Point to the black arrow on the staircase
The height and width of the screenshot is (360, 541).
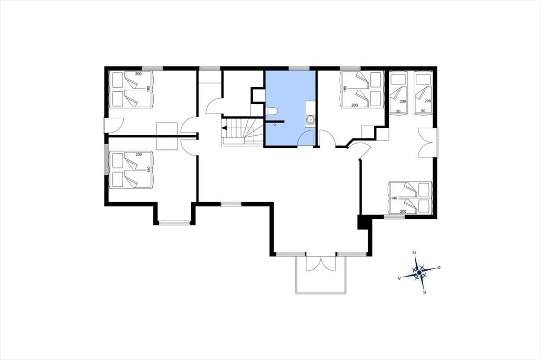point(224,128)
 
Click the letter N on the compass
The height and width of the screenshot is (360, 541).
point(414,253)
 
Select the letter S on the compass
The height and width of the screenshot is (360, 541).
point(425,292)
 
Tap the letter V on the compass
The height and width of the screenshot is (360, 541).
point(399,278)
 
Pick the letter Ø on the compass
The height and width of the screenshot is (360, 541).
point(439,268)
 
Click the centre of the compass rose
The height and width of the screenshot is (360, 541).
point(419,272)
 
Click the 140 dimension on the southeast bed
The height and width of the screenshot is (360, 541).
point(394,198)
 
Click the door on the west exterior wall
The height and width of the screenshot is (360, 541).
point(114,126)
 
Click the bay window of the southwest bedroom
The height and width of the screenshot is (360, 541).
point(174,223)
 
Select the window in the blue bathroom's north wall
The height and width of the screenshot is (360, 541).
point(299,68)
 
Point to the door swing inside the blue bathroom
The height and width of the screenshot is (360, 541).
point(305,139)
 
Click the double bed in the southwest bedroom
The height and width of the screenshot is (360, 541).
point(131,170)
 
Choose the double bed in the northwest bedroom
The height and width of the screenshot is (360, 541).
point(131,89)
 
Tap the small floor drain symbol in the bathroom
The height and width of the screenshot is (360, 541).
point(275,125)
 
